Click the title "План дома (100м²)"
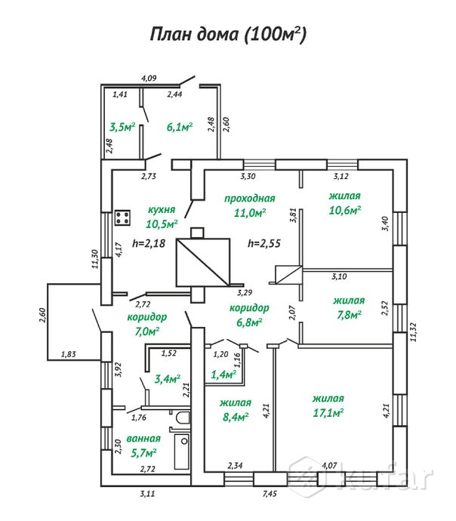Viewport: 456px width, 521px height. [229, 34]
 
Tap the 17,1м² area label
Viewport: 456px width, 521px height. [328, 412]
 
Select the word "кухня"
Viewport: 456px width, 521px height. [162, 210]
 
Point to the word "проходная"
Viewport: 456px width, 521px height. [249, 198]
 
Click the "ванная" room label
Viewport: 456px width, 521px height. [143, 438]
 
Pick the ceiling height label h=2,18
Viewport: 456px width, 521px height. [148, 243]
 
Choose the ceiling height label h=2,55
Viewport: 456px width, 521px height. [263, 243]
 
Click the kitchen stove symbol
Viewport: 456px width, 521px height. [122, 219]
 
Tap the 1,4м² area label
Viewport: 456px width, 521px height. [223, 374]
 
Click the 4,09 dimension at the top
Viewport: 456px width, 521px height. [149, 77]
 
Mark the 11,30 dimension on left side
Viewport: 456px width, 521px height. [95, 259]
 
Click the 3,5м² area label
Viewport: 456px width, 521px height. [122, 128]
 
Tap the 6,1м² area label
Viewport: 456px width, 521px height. [180, 128]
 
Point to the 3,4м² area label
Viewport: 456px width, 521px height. [166, 378]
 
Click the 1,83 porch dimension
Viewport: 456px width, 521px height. [67, 353]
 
